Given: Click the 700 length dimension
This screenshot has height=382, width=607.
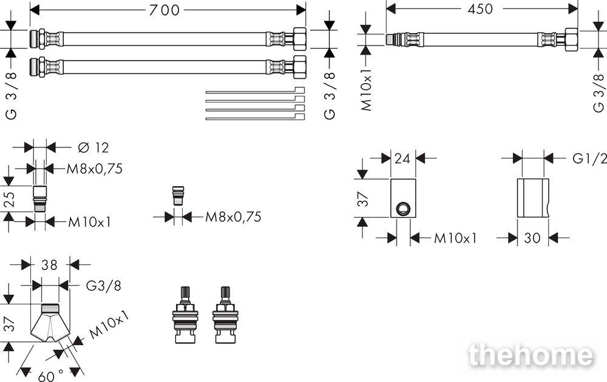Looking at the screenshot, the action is coord(164,10).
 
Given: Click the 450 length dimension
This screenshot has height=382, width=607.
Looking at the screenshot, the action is coord(480,8).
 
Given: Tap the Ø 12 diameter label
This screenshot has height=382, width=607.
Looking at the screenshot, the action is coord(93,147).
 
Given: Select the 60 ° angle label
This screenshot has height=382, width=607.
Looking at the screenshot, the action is coord(51,375).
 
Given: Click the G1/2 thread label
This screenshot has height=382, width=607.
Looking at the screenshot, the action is coord(589,158).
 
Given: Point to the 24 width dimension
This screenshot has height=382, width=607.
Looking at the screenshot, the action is coord(402,158).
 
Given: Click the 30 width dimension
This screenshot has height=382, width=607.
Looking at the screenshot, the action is coord(532,238).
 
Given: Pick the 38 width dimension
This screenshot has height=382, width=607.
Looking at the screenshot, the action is coord(50,265).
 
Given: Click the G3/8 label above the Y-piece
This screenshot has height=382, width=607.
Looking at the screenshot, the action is coord(103,286).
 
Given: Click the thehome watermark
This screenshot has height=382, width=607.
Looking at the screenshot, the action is coord(531,355).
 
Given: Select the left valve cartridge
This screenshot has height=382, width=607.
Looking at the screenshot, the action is coord(185,315).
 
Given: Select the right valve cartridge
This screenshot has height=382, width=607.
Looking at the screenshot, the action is coord(225,315).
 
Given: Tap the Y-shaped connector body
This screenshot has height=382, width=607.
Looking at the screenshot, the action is coord(50,323).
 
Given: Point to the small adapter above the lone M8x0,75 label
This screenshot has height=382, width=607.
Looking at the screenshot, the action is coord(178,196).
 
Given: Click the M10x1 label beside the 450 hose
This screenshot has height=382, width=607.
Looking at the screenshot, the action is coord(366,90).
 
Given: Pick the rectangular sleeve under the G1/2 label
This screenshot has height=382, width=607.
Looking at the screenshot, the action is coord(533,198).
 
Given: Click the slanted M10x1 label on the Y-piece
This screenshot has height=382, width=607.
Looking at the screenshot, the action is coord(109,325).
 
